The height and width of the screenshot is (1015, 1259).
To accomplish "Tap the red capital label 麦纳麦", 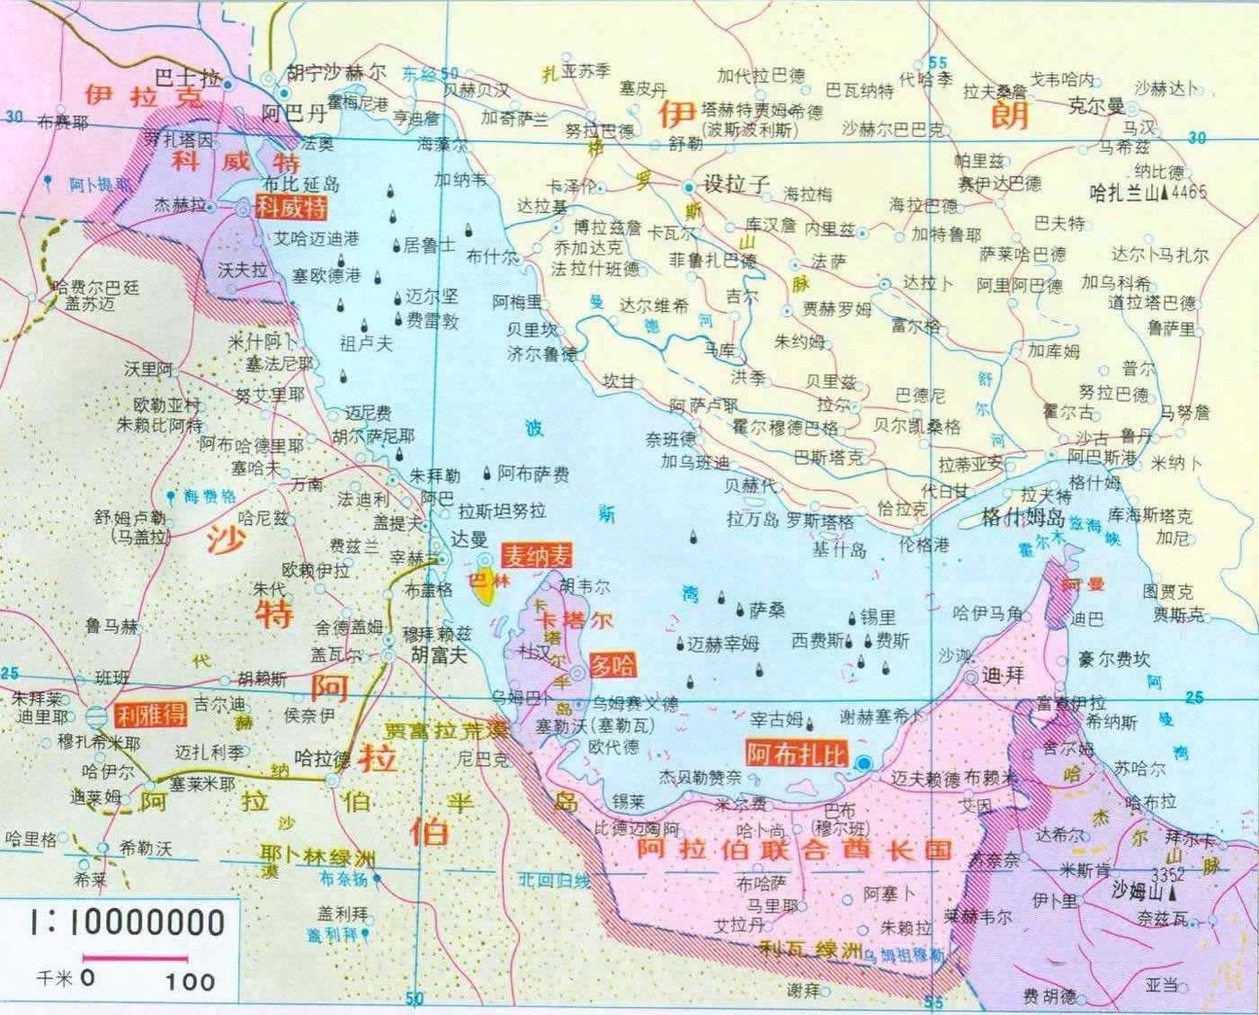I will pyautogui.click(x=536, y=556).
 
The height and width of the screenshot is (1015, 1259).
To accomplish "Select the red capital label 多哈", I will pyautogui.click(x=612, y=666).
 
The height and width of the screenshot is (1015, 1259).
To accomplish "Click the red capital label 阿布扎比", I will pyautogui.click(x=797, y=752).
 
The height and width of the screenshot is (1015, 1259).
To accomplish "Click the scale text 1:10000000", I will pyautogui.click(x=126, y=922).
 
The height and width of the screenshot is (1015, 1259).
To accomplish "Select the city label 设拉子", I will pyautogui.click(x=737, y=184).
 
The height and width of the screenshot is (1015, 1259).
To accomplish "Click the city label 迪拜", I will pyautogui.click(x=1003, y=674).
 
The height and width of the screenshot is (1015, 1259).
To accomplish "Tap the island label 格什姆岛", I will pyautogui.click(x=1022, y=519).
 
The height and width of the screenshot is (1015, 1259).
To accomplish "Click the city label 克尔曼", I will pyautogui.click(x=1095, y=107).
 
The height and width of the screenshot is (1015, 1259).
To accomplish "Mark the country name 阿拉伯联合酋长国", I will pyautogui.click(x=793, y=849).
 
